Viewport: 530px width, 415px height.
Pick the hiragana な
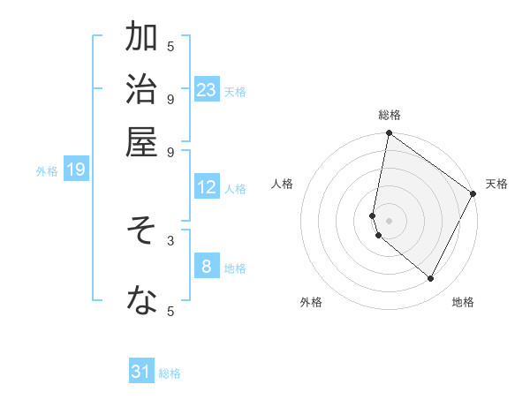pyautogui.click(x=141, y=301)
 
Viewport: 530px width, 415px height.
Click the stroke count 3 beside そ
pyautogui.click(x=170, y=240)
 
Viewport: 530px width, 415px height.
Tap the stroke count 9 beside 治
pyautogui.click(x=170, y=98)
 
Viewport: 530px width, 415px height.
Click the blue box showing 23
pyautogui.click(x=207, y=89)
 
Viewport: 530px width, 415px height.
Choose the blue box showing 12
pyautogui.click(x=207, y=187)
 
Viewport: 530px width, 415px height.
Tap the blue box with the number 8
pyautogui.click(x=207, y=267)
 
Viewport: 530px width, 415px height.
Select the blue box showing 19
pyautogui.click(x=76, y=170)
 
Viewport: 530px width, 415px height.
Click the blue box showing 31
pyautogui.click(x=141, y=372)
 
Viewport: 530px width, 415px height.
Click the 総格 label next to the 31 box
pyautogui.click(x=170, y=373)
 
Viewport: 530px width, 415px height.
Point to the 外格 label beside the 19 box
pyautogui.click(x=47, y=171)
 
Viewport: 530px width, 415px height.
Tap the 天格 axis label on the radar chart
pyautogui.click(x=496, y=184)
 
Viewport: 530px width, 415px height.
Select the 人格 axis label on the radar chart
pyautogui.click(x=283, y=184)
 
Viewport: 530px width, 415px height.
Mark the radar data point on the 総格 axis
pyautogui.click(x=389, y=133)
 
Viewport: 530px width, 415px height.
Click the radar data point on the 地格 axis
pyautogui.click(x=431, y=279)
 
